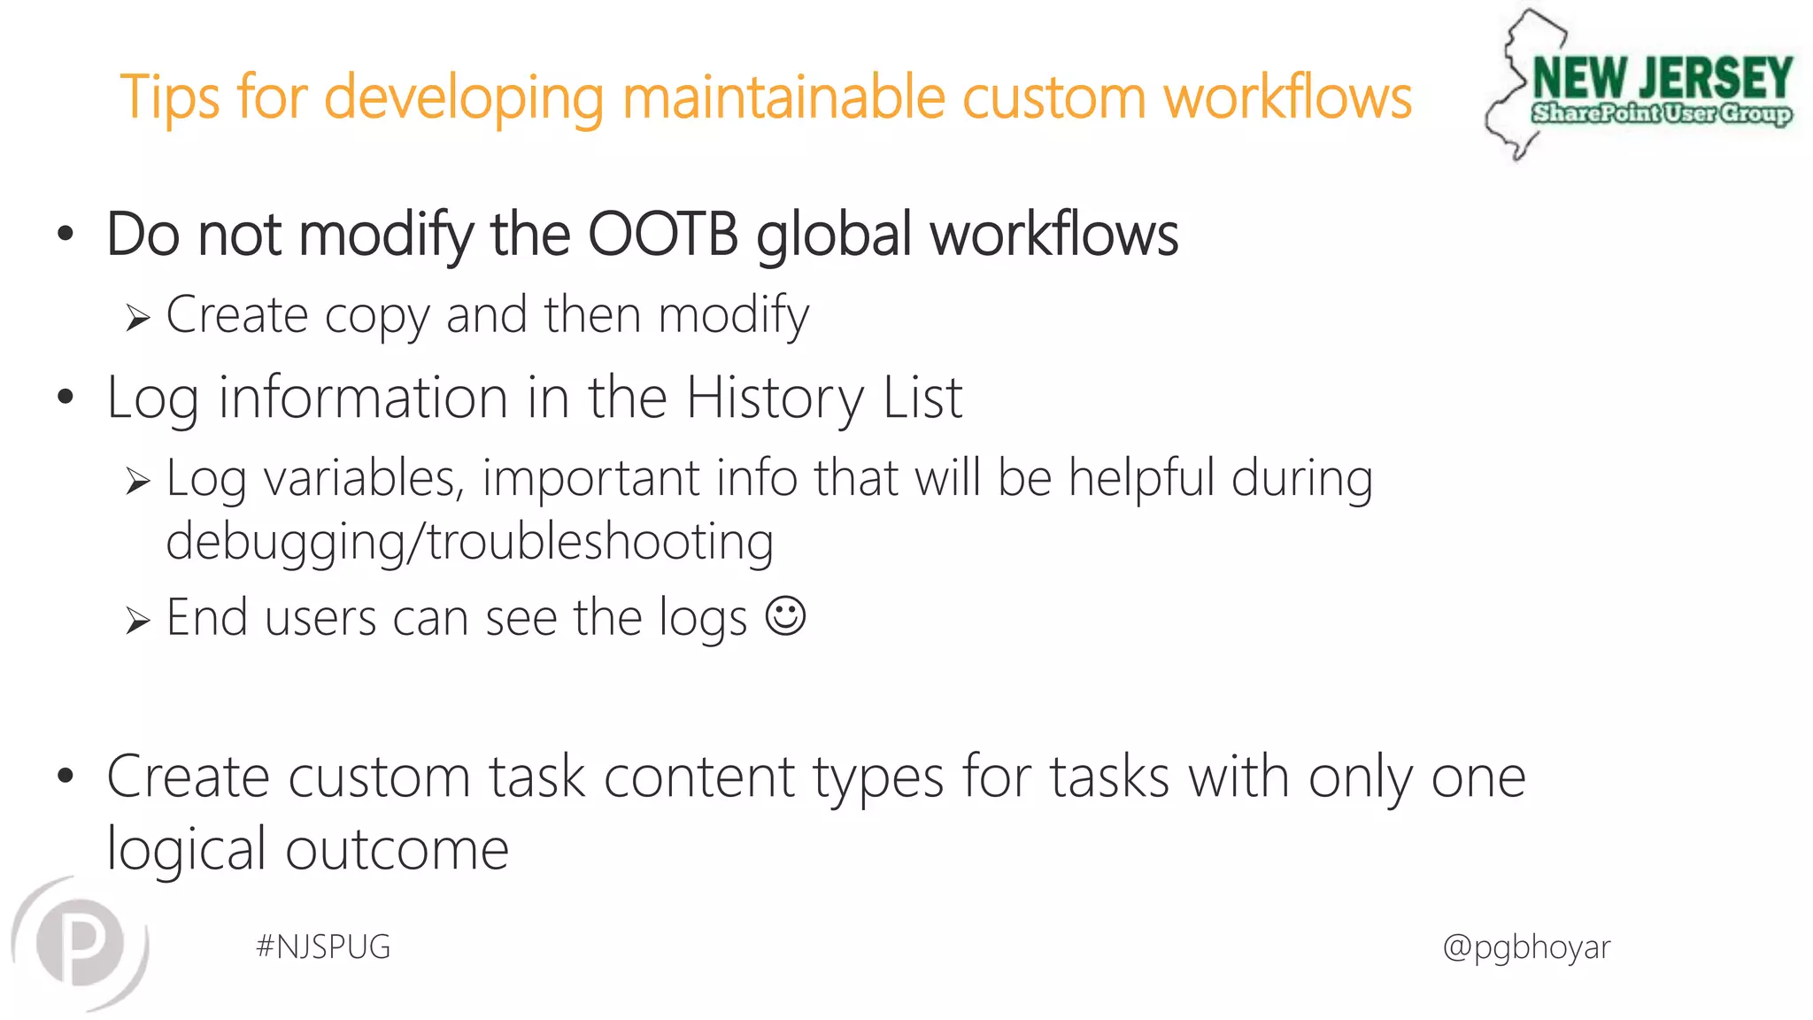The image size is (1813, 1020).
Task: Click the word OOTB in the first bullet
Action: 663,235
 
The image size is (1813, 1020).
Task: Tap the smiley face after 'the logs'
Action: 785,615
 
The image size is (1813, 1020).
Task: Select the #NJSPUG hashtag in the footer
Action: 323,947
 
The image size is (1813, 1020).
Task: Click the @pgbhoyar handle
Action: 1526,947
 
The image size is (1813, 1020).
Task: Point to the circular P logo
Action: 81,943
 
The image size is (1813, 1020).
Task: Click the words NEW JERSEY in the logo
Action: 1663,78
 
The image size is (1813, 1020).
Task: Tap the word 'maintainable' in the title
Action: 783,97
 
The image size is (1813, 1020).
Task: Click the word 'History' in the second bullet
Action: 774,398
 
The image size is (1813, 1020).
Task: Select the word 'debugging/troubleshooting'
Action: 469,541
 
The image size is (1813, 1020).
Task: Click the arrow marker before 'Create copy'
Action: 137,317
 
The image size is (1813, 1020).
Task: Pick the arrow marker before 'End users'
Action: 137,620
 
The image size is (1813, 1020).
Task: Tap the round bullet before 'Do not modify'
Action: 66,235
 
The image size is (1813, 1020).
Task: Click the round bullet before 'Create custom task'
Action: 66,777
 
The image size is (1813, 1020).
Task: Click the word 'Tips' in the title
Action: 169,97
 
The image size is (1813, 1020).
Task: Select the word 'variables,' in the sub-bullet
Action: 364,479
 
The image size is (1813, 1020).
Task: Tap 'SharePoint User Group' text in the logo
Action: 1662,113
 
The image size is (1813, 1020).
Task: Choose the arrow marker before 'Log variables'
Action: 137,481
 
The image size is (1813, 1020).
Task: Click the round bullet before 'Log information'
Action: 66,398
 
